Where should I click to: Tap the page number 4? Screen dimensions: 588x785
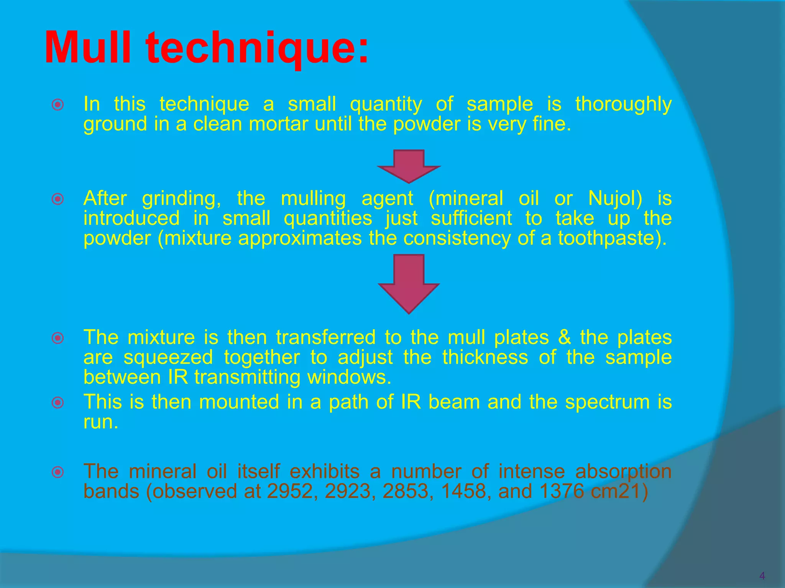pos(762,576)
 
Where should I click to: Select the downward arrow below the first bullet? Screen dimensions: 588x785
pos(409,166)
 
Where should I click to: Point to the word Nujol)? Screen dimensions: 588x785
pos(615,198)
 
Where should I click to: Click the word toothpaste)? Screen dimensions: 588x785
pos(612,238)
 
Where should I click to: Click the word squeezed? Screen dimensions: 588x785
pos(168,358)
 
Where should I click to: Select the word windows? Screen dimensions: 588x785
pos(349,377)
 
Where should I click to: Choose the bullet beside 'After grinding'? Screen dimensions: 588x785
pos(58,199)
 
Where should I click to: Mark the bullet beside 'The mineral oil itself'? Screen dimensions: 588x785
pos(58,472)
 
